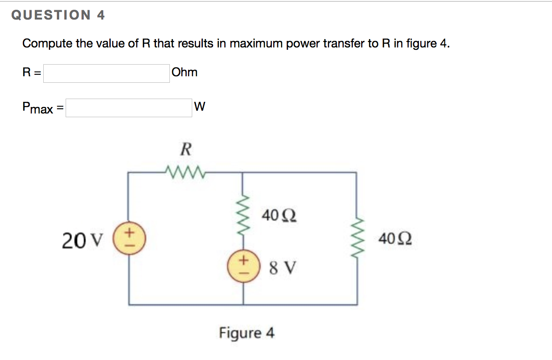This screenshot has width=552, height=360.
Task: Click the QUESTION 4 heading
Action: pyautogui.click(x=58, y=15)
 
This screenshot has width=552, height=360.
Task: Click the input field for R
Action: pyautogui.click(x=107, y=73)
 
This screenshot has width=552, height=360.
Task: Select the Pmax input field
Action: pyautogui.click(x=128, y=108)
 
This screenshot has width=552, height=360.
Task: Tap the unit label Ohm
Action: pyautogui.click(x=184, y=73)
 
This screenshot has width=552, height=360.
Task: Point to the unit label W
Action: pyautogui.click(x=199, y=107)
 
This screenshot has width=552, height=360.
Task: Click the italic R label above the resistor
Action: pyautogui.click(x=185, y=150)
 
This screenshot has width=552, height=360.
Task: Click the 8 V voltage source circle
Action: pyautogui.click(x=242, y=267)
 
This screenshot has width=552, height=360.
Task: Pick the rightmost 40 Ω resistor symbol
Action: pyautogui.click(x=357, y=240)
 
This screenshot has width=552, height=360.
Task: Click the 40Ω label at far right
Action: pyautogui.click(x=395, y=240)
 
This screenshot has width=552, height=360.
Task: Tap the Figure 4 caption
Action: pyautogui.click(x=247, y=333)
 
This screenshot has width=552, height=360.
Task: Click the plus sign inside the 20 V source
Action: pyautogui.click(x=130, y=231)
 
